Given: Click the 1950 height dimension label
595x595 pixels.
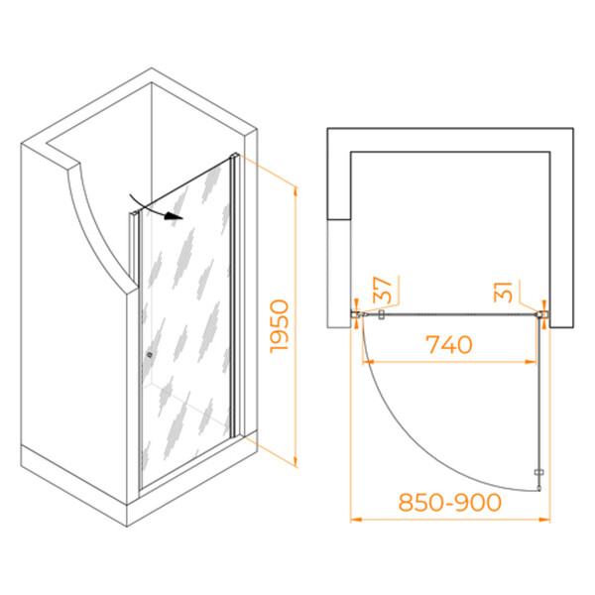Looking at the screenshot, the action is coord(280,326).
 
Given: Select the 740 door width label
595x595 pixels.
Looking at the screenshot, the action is coord(449,344).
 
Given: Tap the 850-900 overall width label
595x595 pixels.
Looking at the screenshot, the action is coord(450,503).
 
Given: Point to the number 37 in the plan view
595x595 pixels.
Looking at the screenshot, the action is coord(382,291).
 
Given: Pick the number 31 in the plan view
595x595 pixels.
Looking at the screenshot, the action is coord(503,292).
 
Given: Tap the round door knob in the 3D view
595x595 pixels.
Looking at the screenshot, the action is coord(150,355).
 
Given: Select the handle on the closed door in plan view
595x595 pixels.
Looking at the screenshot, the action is coord(382,314).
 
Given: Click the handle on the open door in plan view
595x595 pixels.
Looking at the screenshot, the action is coord(538,472).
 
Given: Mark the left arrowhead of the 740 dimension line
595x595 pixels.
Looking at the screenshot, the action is coord(368,362).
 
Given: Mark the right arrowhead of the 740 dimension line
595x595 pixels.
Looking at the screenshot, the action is coord(531,362).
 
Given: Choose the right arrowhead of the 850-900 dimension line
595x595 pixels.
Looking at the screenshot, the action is coord(544,520).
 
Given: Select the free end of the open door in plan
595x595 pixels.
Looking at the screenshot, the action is coord(538,489).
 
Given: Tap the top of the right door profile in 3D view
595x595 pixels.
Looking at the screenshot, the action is coord(234,156).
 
